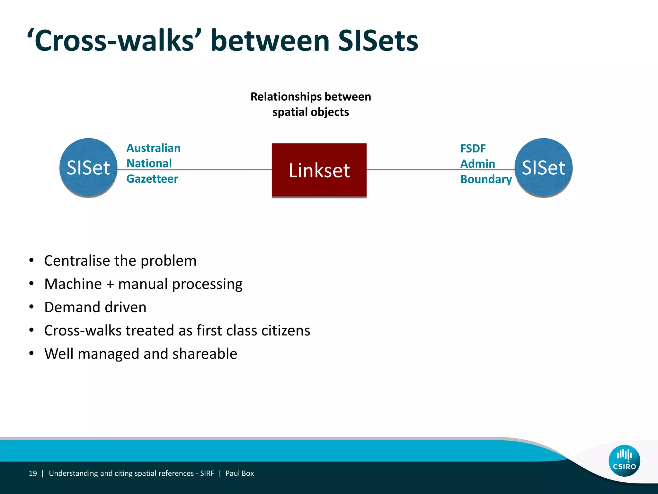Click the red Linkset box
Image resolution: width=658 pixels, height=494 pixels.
point(319,170)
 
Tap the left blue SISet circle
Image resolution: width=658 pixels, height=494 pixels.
point(88,168)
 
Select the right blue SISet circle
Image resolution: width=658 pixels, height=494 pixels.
point(543,168)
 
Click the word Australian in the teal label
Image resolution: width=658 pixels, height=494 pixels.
point(153,148)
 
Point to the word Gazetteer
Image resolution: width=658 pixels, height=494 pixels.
point(152,179)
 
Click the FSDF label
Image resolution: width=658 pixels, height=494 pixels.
point(473,149)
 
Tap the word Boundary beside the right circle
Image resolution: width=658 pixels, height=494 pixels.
point(486,179)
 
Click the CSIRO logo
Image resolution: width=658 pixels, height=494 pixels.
point(624,460)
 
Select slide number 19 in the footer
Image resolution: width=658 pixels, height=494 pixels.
point(33,473)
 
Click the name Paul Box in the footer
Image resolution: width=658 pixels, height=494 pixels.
point(239,473)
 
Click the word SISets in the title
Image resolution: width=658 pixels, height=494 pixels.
point(378,41)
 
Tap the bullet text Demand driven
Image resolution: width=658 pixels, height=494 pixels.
point(95,307)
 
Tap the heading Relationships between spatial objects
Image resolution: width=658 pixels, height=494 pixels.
point(310,104)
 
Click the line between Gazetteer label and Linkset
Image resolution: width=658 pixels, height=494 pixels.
point(225,169)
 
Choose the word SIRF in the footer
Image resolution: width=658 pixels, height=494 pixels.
point(207,473)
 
